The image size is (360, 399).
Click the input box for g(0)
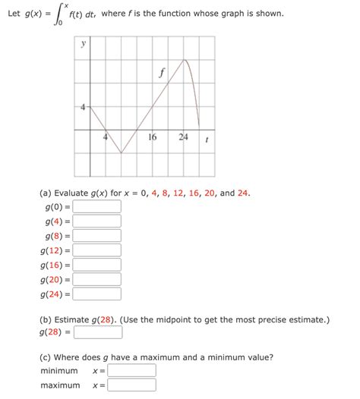tap(97, 206)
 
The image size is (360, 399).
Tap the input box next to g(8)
tap(97, 235)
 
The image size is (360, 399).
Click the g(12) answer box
tap(97, 250)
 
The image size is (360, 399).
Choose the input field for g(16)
tap(97, 265)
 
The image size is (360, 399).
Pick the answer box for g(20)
tap(97, 279)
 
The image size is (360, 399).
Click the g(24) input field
tap(97, 294)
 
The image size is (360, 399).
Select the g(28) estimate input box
tap(98, 331)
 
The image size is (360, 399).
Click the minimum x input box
tap(132, 371)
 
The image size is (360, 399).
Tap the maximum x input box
tap(132, 385)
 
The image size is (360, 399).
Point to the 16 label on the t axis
tap(153, 137)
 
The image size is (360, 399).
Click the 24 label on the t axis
tap(183, 137)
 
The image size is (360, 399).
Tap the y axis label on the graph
tap(83, 44)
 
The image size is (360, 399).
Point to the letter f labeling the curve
tap(161, 74)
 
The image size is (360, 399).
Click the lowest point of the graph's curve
tap(122, 153)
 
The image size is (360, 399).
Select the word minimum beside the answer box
tap(59, 371)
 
